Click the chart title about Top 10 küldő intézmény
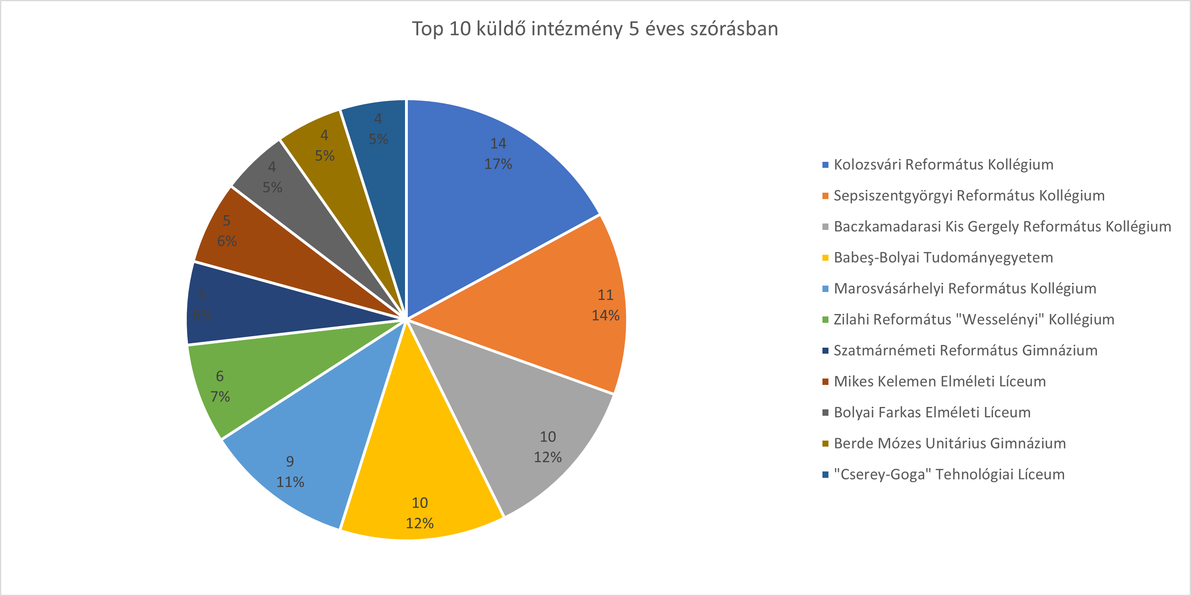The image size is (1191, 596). [x=595, y=29]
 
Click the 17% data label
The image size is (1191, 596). [x=498, y=164]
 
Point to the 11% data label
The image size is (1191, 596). [x=290, y=482]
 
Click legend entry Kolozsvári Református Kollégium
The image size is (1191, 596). [x=943, y=165]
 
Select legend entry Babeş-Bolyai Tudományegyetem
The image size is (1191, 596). [x=943, y=258]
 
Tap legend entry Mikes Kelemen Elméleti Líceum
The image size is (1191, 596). [x=939, y=381]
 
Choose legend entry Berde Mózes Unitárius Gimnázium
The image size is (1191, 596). [x=950, y=443]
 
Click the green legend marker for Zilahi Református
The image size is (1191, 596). [x=825, y=320]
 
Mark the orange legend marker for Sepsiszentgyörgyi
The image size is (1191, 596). [x=825, y=196]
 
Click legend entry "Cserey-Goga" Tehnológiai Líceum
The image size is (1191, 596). [x=949, y=474]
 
